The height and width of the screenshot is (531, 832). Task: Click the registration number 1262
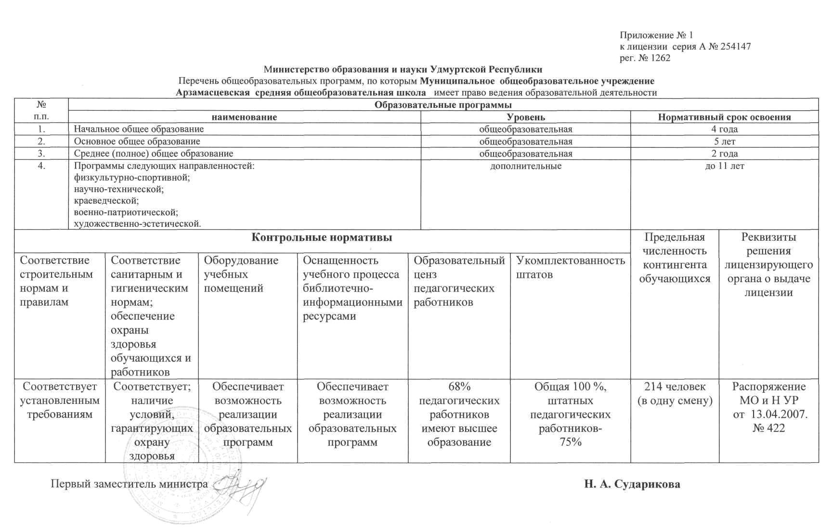661,58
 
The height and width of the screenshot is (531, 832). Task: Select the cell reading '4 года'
724,129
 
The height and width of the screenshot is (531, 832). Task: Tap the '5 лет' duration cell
724,142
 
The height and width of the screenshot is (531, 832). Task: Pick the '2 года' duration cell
724,154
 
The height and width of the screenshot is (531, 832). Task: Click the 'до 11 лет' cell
724,166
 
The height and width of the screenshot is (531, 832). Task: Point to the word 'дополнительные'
525,166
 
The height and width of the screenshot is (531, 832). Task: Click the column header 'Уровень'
525,117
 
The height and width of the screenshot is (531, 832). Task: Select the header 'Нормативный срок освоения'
724,117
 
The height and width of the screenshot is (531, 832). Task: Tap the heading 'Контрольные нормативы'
322,237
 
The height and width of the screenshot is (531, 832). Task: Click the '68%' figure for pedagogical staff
459,387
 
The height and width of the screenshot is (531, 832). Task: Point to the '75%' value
571,442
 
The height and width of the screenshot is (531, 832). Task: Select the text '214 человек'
675,387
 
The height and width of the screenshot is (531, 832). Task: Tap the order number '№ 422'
768,428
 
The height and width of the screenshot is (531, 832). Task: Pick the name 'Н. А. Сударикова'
632,484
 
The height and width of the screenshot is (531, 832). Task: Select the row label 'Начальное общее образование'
139,129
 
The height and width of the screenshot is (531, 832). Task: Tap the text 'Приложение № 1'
656,35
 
